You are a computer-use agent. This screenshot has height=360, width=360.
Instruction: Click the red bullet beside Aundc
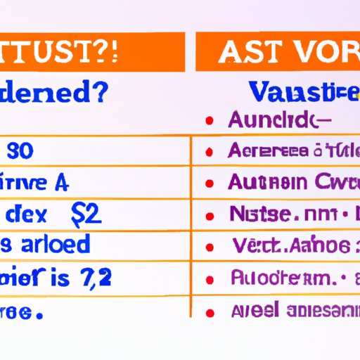pyautogui.click(x=210, y=121)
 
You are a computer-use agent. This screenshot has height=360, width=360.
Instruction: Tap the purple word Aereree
pyautogui.click(x=267, y=150)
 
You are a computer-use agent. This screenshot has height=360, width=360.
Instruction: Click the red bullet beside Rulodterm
pyautogui.click(x=210, y=278)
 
